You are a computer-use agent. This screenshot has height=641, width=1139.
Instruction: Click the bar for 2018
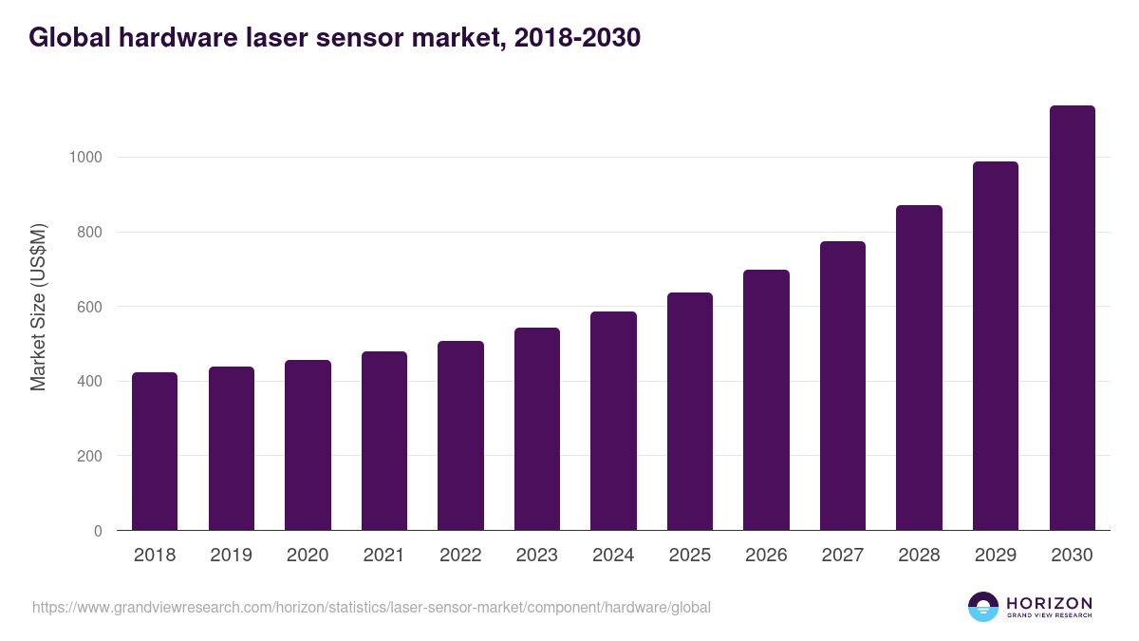pyautogui.click(x=155, y=451)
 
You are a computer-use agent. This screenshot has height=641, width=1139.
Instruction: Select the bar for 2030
pyautogui.click(x=1072, y=318)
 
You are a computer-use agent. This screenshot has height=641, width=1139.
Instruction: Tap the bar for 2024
pyautogui.click(x=613, y=421)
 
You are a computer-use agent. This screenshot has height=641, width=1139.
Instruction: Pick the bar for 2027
pyautogui.click(x=843, y=386)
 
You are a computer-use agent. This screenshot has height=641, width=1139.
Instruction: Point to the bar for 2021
pyautogui.click(x=384, y=441)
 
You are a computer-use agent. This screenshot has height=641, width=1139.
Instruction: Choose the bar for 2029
pyautogui.click(x=996, y=346)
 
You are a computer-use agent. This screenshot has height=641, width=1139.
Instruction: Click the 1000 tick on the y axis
pyautogui.click(x=85, y=158)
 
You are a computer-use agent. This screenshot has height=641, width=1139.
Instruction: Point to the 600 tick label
pyautogui.click(x=89, y=307)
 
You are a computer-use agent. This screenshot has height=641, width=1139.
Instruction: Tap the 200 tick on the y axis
pyautogui.click(x=89, y=456)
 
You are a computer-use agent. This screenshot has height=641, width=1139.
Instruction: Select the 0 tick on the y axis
pyautogui.click(x=97, y=531)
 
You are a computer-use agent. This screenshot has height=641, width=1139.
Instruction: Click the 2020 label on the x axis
pyautogui.click(x=308, y=556)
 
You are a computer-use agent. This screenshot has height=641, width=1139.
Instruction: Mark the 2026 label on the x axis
pyautogui.click(x=766, y=556)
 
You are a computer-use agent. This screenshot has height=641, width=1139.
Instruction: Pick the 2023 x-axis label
pyautogui.click(x=537, y=556)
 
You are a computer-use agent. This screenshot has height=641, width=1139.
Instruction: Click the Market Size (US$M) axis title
pyautogui.click(x=38, y=306)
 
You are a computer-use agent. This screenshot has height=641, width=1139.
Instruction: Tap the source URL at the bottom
pyautogui.click(x=371, y=607)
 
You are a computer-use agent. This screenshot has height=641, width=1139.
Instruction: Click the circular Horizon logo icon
pyautogui.click(x=983, y=607)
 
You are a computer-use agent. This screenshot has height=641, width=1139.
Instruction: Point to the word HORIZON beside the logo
pyautogui.click(x=1049, y=602)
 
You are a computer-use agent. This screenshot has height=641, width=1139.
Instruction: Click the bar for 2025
pyautogui.click(x=690, y=411)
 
